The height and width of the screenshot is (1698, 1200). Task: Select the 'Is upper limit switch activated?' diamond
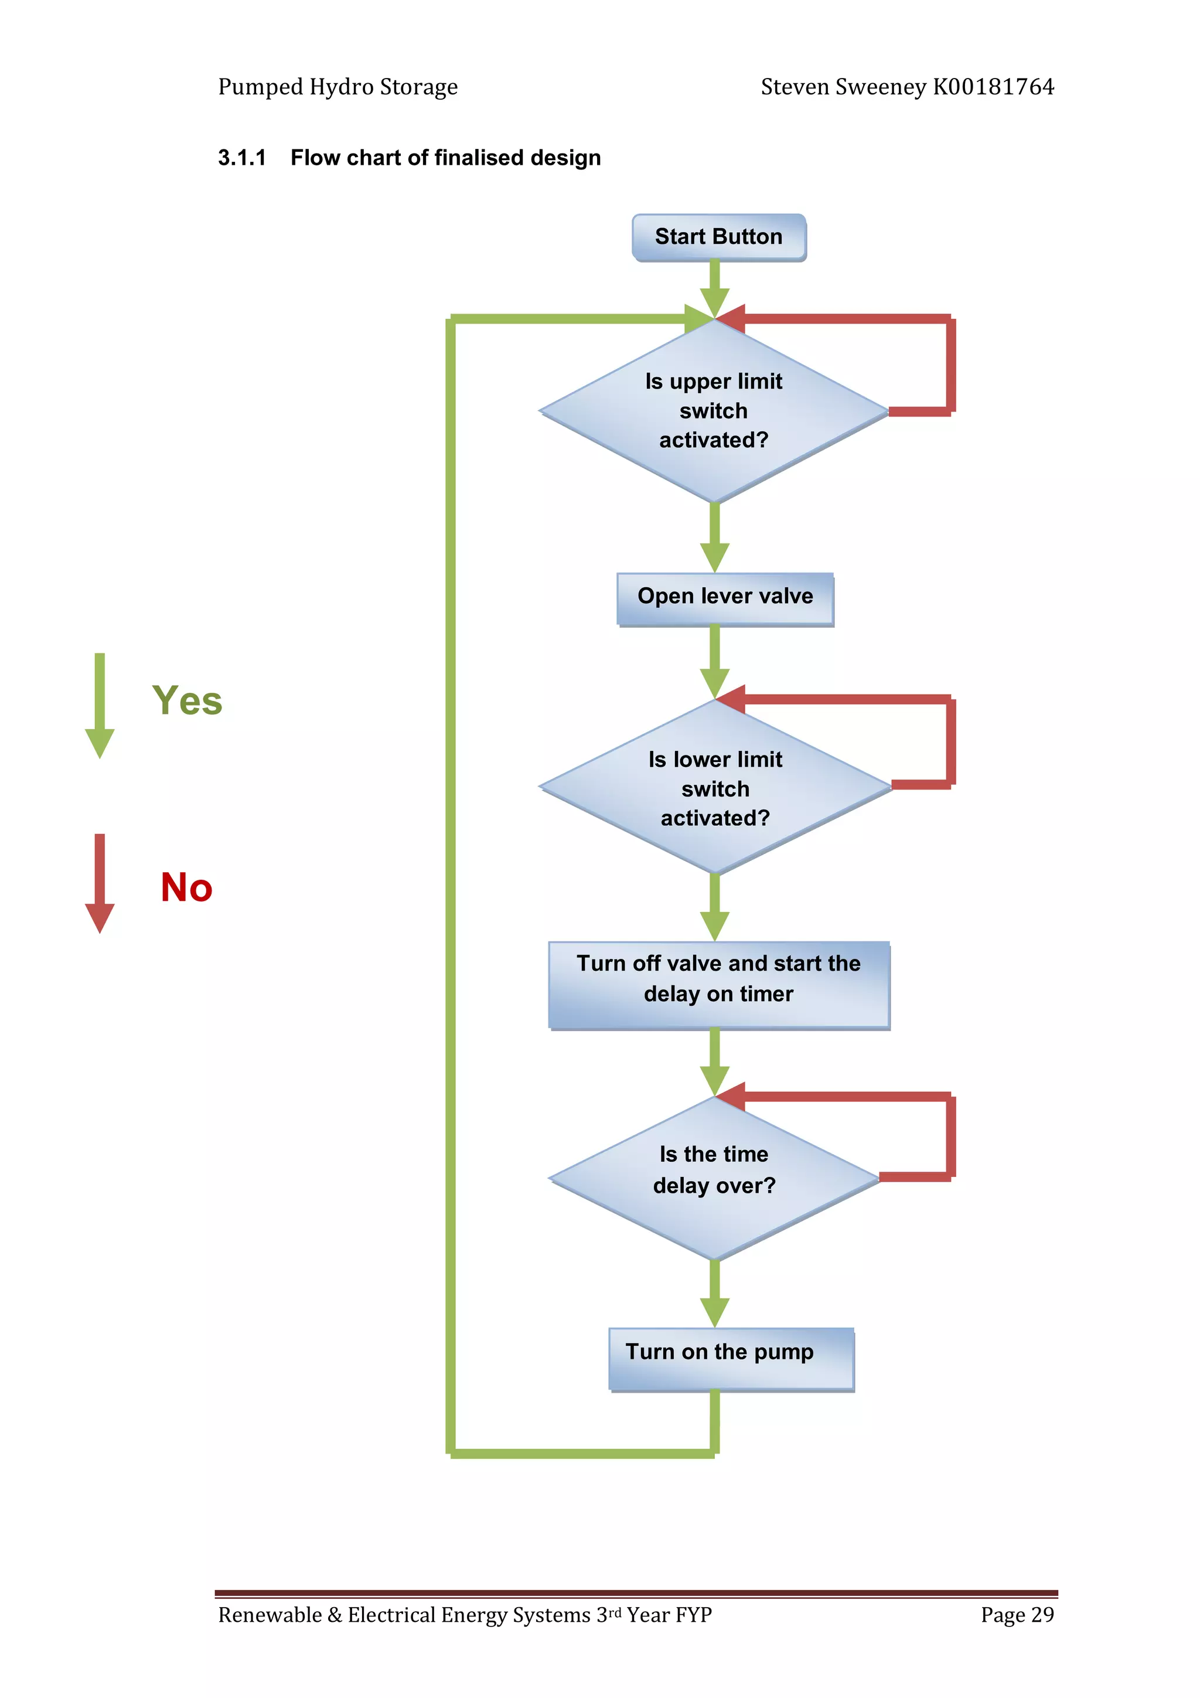tap(714, 410)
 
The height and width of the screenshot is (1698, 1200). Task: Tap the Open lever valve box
tap(725, 598)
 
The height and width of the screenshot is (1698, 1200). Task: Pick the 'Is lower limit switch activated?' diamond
tap(715, 788)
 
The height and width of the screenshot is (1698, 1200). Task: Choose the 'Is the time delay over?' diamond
tap(714, 1178)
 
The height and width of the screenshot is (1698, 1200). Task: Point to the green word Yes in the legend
tap(187, 700)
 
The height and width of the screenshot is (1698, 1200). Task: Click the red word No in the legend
tap(186, 887)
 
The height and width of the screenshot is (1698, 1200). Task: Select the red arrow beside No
tap(100, 883)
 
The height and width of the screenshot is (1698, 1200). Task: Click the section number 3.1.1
tap(242, 158)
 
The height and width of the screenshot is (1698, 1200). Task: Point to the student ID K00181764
tap(993, 87)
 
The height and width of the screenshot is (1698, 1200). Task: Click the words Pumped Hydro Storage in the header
tap(338, 87)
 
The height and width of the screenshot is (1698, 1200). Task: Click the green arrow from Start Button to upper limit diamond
tap(714, 288)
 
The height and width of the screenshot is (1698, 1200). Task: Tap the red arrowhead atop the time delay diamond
tap(731, 1096)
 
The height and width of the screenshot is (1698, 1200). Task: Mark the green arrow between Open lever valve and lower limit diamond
tap(714, 662)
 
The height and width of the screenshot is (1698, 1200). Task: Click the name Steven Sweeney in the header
tap(843, 87)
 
